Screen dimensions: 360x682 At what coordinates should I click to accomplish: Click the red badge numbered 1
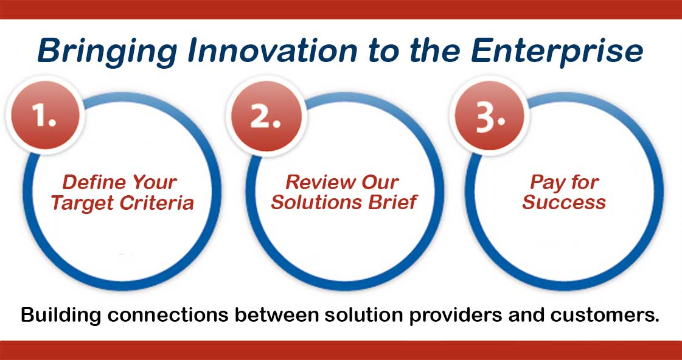tap(44, 116)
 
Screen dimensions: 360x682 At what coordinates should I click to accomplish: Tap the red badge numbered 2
tap(265, 116)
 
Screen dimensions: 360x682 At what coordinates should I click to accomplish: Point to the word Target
tap(81, 202)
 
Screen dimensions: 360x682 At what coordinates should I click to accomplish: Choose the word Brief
tap(394, 202)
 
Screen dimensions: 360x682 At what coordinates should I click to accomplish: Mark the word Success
tap(563, 202)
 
